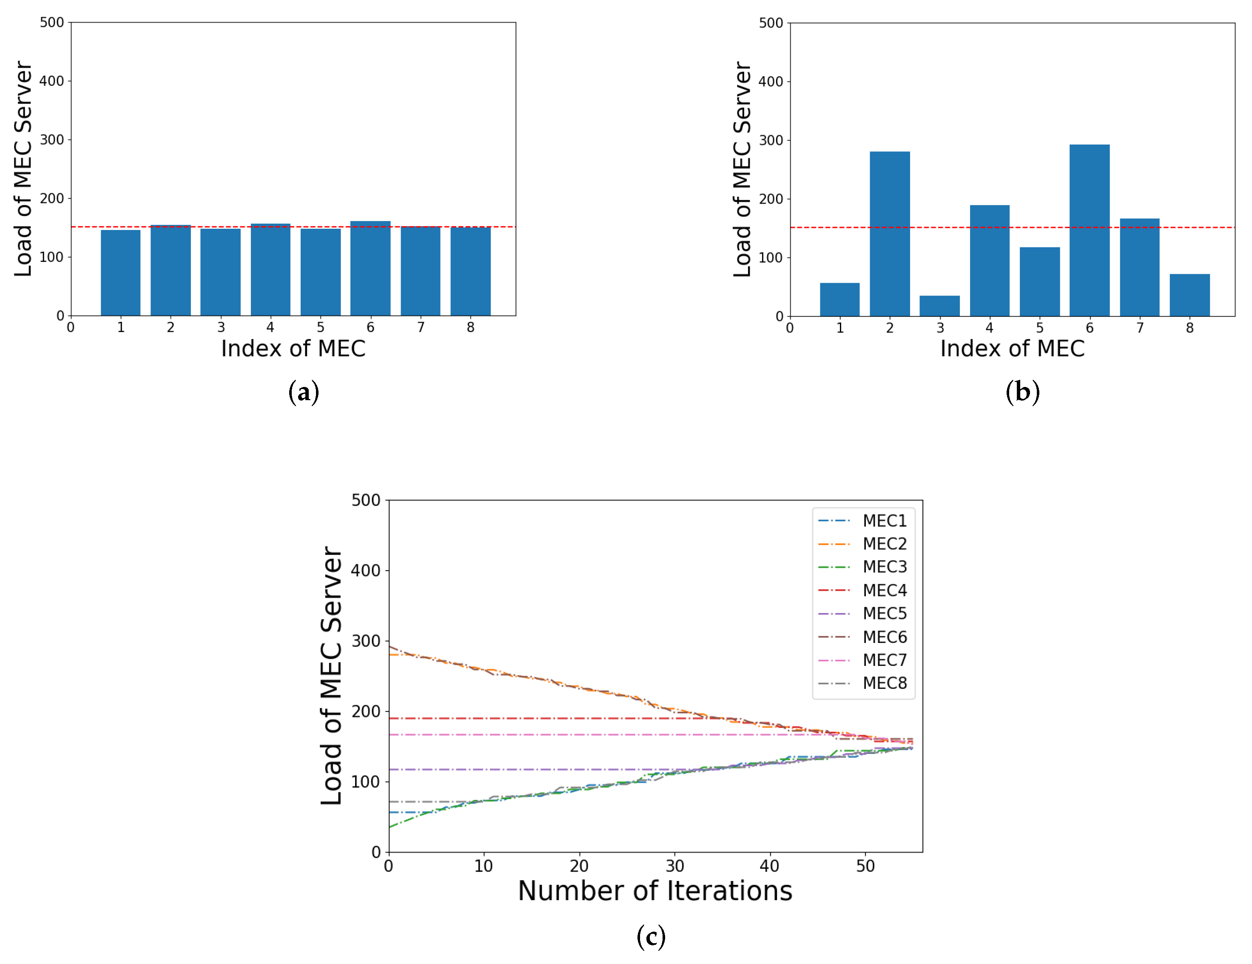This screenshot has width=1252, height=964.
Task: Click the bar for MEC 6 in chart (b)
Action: point(1089,230)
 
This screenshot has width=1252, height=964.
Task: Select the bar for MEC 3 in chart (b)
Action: point(939,306)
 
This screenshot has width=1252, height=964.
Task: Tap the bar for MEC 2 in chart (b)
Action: point(890,234)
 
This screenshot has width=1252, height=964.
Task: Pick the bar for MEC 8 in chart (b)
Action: point(1189,295)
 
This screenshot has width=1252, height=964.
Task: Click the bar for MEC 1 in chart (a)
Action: point(120,273)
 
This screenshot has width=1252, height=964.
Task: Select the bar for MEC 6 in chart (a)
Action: point(370,268)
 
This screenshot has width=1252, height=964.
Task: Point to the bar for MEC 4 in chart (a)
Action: point(270,269)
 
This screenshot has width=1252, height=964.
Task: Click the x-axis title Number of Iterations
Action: point(654,891)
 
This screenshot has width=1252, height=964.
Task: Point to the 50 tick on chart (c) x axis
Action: point(865,866)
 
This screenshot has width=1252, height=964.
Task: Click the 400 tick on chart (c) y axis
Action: point(365,571)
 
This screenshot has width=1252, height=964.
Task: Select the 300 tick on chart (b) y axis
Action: point(771,140)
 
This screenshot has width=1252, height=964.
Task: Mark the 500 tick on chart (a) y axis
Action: point(51,23)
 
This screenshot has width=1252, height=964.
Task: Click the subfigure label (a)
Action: point(303,392)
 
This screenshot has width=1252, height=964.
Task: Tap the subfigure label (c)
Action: point(651,937)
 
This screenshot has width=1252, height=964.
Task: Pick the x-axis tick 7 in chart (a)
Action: point(421,327)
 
